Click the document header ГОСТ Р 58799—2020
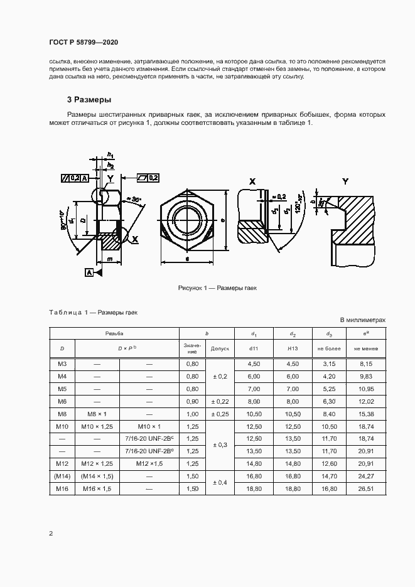point(83,43)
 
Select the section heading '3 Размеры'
point(89,99)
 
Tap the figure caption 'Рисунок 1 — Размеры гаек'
point(217,288)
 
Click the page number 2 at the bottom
point(51,534)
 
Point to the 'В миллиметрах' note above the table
point(362,320)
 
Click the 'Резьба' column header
point(114,333)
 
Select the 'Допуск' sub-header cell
point(220,347)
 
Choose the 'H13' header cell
point(292,347)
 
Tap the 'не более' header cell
point(329,347)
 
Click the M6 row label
point(62,401)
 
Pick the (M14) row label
point(62,476)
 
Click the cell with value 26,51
point(365,488)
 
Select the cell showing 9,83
point(365,376)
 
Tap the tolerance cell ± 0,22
point(220,401)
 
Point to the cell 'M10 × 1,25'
point(97,426)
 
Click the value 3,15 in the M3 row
point(329,364)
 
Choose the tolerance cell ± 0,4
point(220,482)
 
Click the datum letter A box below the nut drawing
point(89,272)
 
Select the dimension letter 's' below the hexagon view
point(188,259)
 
